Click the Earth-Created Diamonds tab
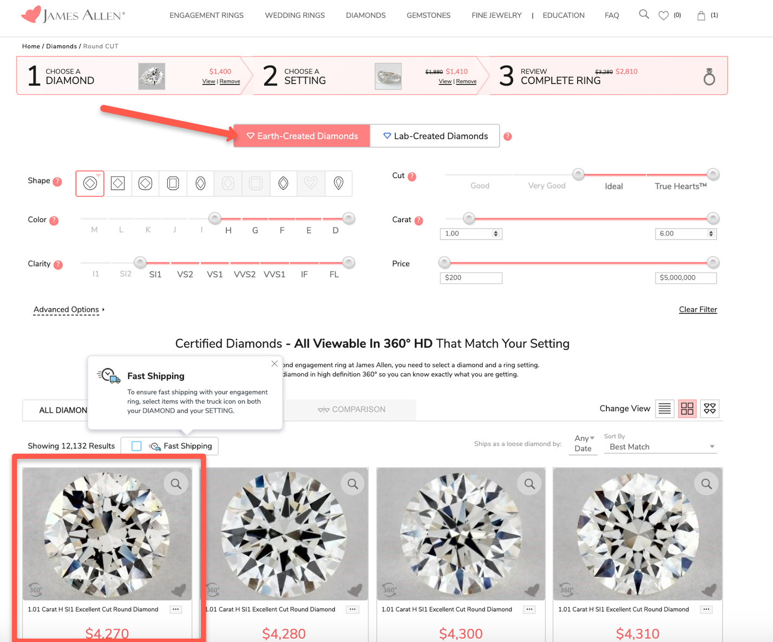(302, 136)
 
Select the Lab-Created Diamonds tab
(435, 136)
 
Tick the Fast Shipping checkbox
(136, 446)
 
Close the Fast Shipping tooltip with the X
(274, 364)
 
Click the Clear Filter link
(698, 309)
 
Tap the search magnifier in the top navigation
(644, 15)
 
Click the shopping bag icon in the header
(701, 16)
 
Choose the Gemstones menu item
(428, 15)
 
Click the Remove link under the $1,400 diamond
(230, 81)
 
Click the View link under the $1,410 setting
(444, 81)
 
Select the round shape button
(90, 183)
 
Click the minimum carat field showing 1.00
(471, 234)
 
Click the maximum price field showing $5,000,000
(686, 278)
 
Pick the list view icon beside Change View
(665, 408)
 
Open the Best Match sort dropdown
(660, 447)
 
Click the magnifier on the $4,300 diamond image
(530, 483)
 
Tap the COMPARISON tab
(351, 410)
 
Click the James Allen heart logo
(31, 15)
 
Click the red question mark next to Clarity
(58, 264)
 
